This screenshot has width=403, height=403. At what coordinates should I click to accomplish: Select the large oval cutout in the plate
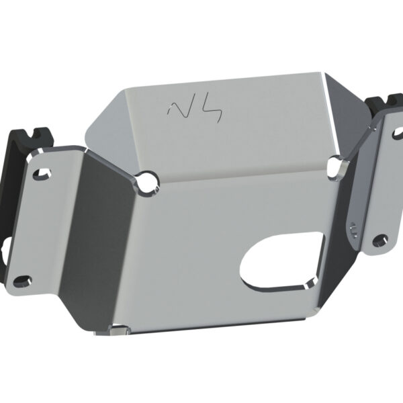[x=281, y=261]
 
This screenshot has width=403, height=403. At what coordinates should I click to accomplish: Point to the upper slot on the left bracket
[x=43, y=170]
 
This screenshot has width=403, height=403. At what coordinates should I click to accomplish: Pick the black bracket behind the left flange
[x=16, y=201]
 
